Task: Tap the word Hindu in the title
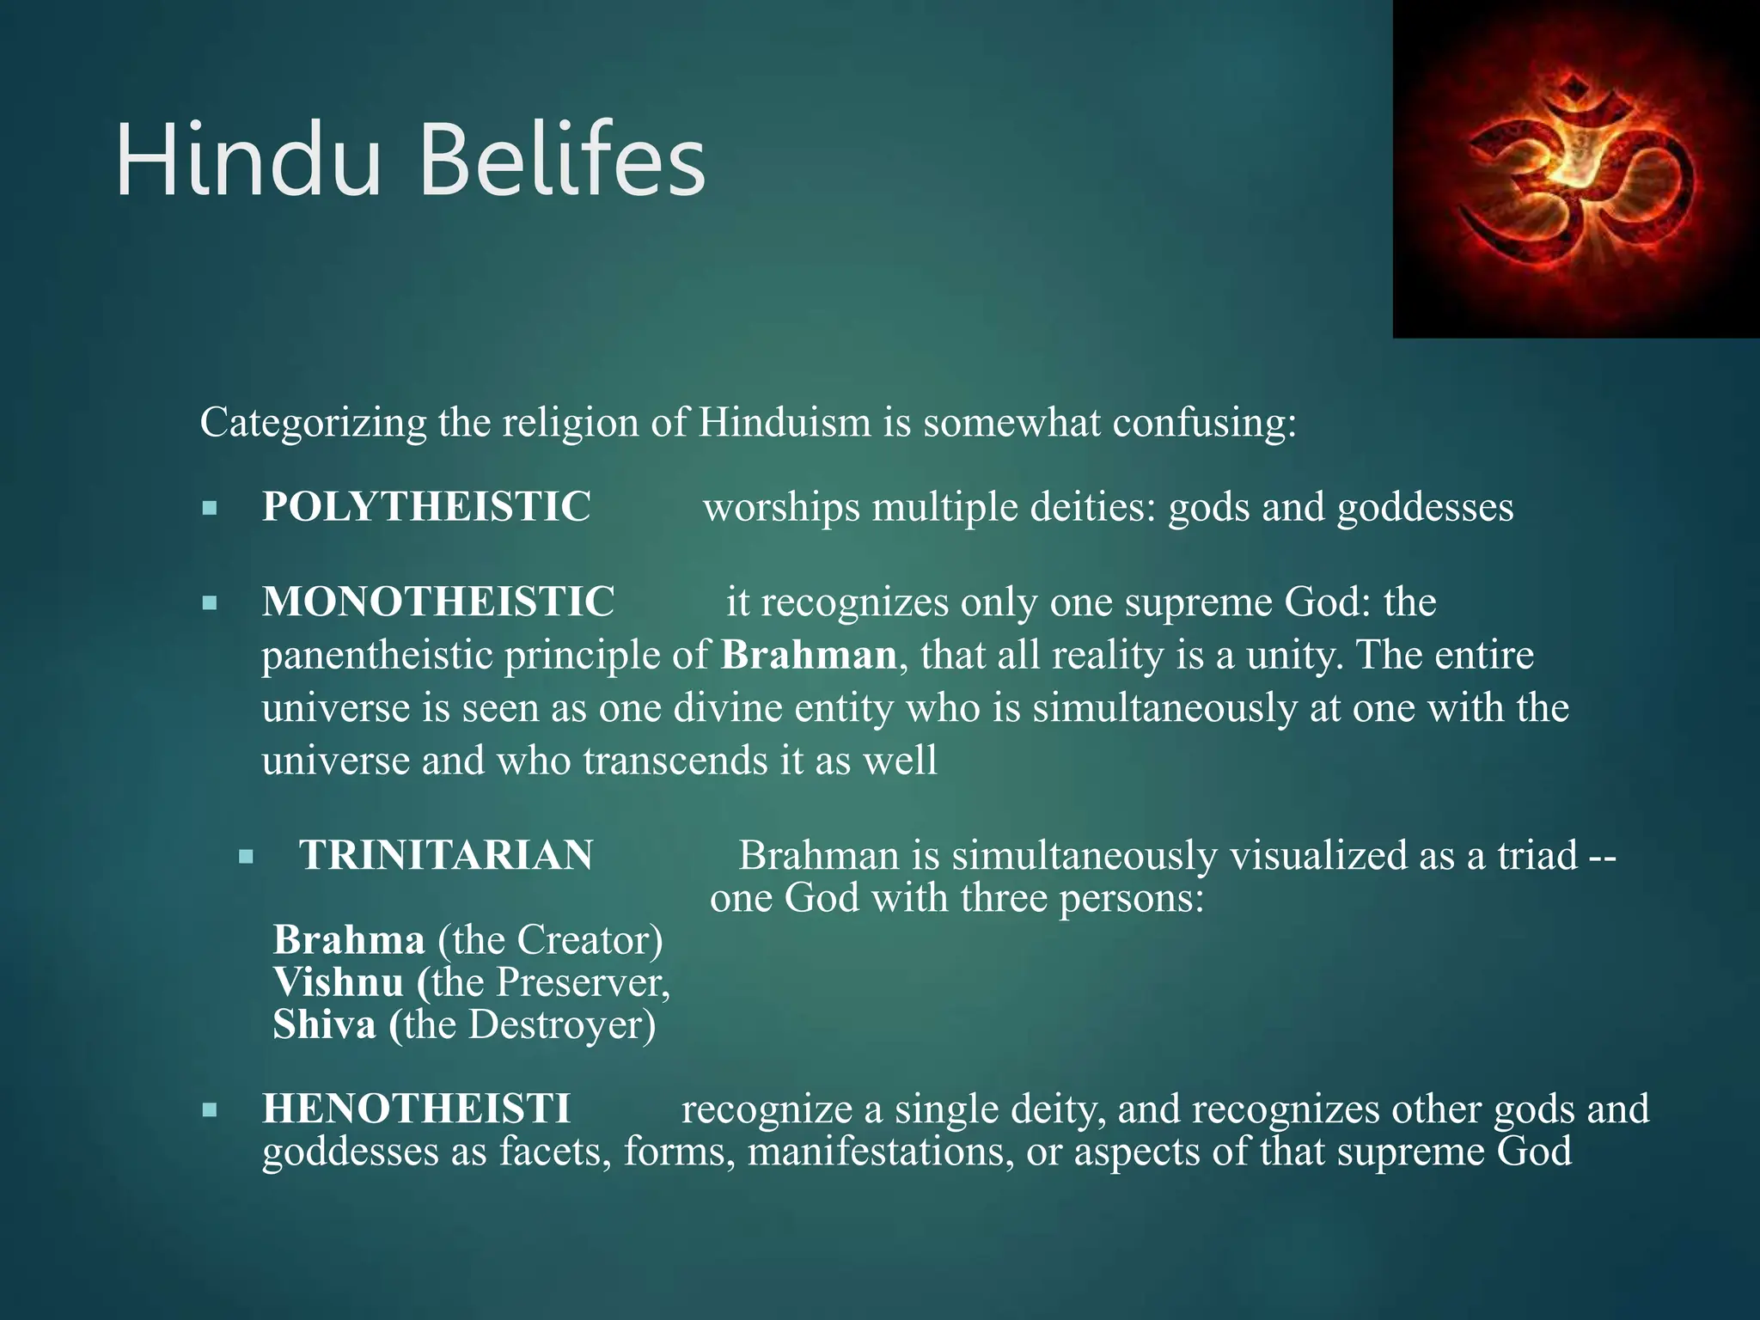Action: (249, 162)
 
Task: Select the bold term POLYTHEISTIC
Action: (426, 507)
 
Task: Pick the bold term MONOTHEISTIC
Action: (438, 602)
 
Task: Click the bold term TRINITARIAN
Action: (446, 856)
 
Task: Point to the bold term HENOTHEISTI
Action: (416, 1109)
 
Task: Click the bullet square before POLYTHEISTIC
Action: (210, 509)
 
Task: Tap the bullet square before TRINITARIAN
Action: (247, 857)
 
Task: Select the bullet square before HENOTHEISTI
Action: (210, 1110)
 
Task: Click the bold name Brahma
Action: (349, 940)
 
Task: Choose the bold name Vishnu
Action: (339, 982)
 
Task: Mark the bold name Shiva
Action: (325, 1024)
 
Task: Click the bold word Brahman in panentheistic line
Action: (809, 655)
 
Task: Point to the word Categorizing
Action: (313, 423)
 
